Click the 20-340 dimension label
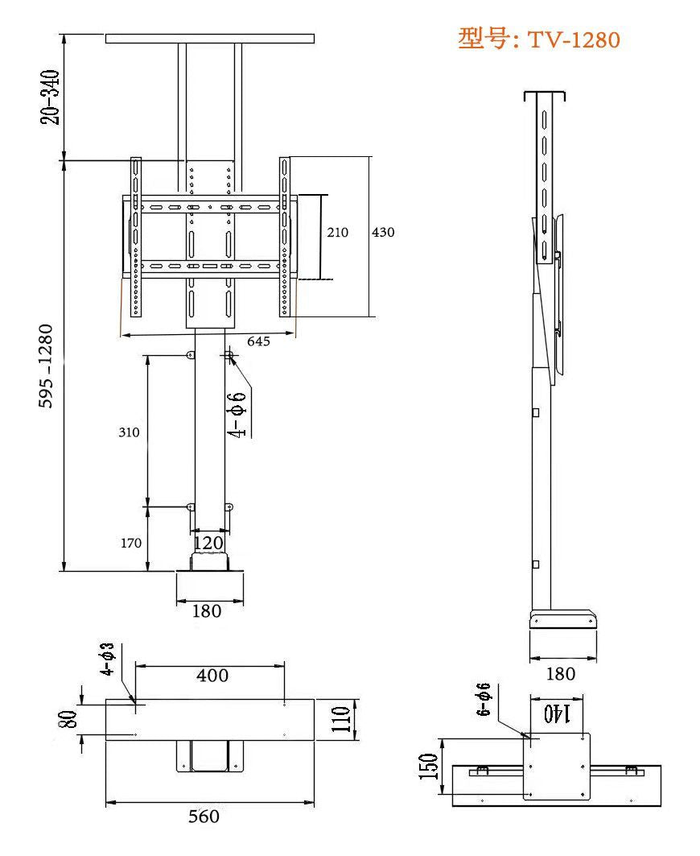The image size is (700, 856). [51, 97]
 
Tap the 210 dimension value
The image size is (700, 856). [337, 232]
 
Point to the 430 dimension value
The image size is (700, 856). [383, 232]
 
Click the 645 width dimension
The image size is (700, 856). [258, 341]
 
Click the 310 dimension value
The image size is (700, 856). [129, 432]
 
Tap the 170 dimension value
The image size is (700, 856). [131, 543]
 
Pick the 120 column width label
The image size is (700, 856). [208, 543]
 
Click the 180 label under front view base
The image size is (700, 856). [207, 611]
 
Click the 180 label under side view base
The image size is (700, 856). [561, 674]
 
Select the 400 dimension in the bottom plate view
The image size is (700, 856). [212, 676]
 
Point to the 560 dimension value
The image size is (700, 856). [204, 817]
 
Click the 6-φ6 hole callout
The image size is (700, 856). [484, 699]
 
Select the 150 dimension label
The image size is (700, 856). [430, 767]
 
